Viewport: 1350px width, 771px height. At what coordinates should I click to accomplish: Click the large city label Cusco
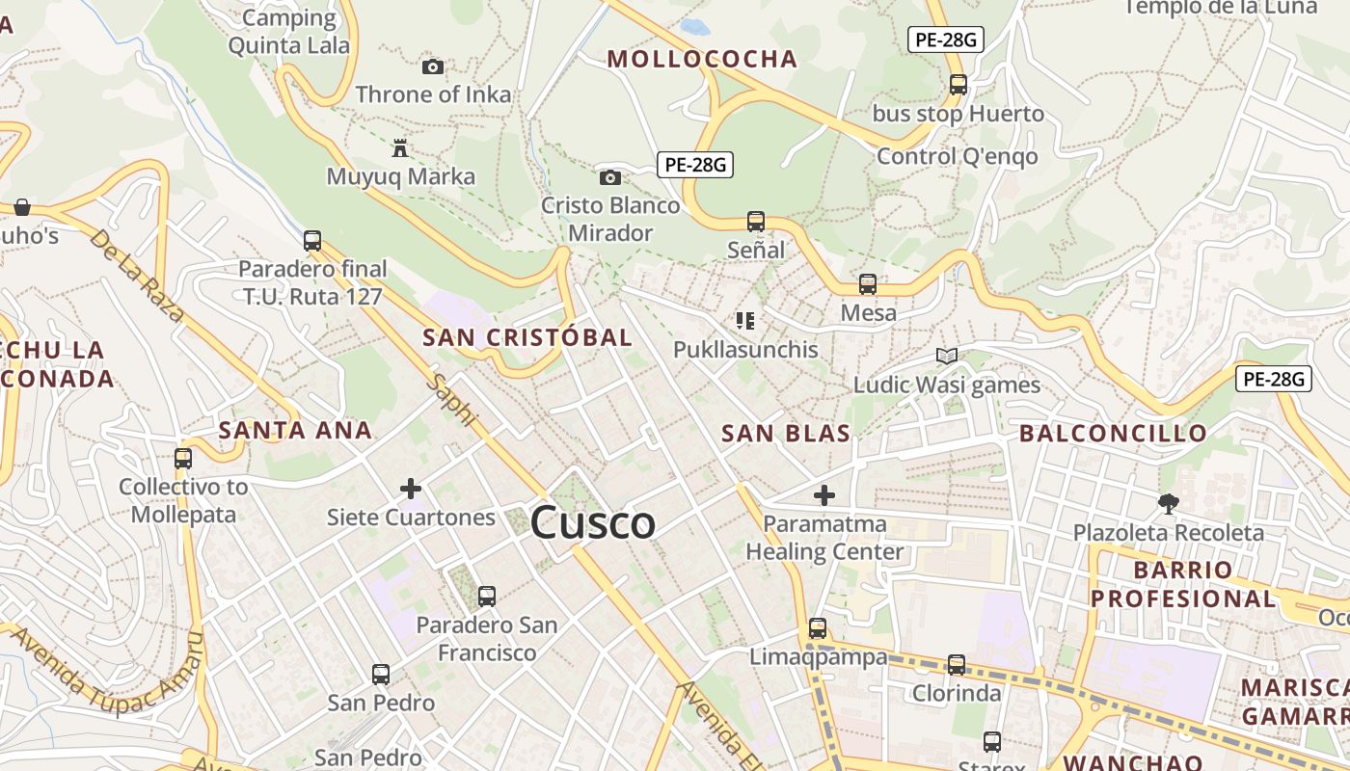[593, 523]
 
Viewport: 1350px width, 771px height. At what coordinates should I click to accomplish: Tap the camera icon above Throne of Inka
[433, 66]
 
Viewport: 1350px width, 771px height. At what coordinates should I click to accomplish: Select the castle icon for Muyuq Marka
[400, 147]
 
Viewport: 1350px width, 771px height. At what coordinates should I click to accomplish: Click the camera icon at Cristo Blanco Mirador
[609, 177]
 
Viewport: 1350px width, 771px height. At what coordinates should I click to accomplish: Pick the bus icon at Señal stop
[756, 222]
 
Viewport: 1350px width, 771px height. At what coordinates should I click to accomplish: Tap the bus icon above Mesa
[868, 284]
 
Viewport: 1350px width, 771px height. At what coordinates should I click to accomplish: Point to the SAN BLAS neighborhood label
[786, 434]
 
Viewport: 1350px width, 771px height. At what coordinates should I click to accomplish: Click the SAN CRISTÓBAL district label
[527, 337]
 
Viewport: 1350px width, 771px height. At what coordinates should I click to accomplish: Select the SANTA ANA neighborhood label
[295, 430]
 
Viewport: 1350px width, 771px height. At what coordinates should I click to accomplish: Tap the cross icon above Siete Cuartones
[411, 489]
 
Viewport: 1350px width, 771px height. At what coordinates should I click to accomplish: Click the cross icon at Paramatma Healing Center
[824, 495]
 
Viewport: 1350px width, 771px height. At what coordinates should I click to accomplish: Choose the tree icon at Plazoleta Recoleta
[1169, 503]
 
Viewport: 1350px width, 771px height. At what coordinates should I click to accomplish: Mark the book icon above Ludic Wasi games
[947, 356]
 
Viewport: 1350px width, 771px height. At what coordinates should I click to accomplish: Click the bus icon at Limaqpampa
[818, 628]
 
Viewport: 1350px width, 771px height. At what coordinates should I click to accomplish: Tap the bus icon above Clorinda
[957, 664]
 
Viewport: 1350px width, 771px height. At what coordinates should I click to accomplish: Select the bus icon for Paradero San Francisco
[487, 597]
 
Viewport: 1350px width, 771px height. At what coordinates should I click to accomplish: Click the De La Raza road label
[136, 274]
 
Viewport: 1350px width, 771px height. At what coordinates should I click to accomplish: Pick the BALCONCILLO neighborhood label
[1113, 434]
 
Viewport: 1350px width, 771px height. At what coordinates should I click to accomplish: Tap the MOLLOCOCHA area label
[702, 60]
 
